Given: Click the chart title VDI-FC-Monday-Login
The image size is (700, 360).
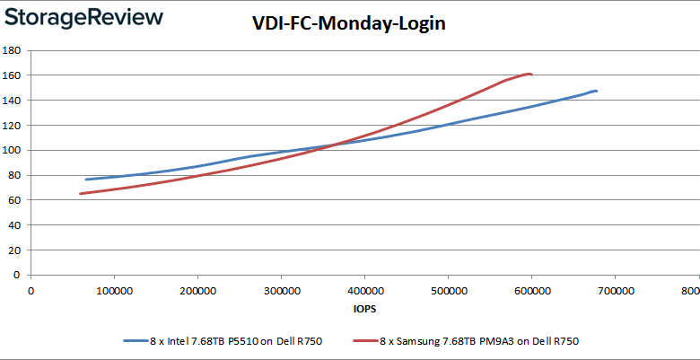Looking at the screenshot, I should [349, 25].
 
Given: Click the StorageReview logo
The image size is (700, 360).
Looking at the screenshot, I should [84, 17].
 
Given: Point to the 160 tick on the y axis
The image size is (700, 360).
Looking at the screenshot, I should [14, 75].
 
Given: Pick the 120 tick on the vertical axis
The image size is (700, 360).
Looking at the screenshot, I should [14, 126].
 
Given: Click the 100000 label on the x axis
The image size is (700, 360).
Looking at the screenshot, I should [113, 290].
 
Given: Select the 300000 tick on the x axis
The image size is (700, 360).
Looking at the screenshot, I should [280, 290].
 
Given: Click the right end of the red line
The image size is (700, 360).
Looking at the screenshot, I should [532, 75].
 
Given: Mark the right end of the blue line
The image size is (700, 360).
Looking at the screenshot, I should [597, 92].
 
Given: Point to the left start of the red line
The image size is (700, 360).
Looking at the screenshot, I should [81, 193].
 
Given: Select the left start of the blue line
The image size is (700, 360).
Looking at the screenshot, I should [87, 180].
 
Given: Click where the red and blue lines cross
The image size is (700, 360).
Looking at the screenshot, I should [328, 145].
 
